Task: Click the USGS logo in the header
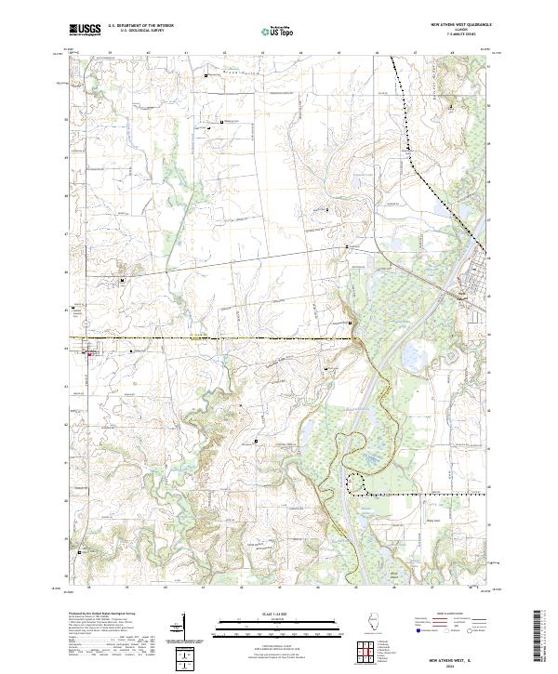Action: pyautogui.click(x=85, y=30)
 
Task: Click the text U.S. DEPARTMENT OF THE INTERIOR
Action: pyautogui.click(x=140, y=26)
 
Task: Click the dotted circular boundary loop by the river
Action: pyautogui.click(x=356, y=482)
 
